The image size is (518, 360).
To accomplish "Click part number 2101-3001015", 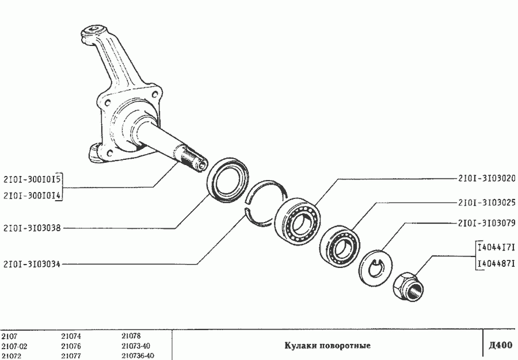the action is point(32,180).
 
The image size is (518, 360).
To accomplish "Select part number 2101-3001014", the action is point(32,196).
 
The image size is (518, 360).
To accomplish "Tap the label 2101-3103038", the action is point(32,219).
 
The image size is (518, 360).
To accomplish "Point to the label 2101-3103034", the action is point(32,264).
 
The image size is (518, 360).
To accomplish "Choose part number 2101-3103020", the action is point(487,178).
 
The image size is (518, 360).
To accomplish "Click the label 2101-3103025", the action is point(487,202).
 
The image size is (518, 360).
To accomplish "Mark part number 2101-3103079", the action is point(487,223).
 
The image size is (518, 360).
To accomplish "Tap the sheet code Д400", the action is point(501,345).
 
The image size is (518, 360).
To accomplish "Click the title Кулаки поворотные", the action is point(327,346).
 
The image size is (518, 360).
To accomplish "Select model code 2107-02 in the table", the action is point(14,346).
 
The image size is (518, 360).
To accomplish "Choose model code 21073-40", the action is point(136,346).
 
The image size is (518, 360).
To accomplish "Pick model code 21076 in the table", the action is point(71,346).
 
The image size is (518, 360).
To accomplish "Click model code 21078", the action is point(131,336).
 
